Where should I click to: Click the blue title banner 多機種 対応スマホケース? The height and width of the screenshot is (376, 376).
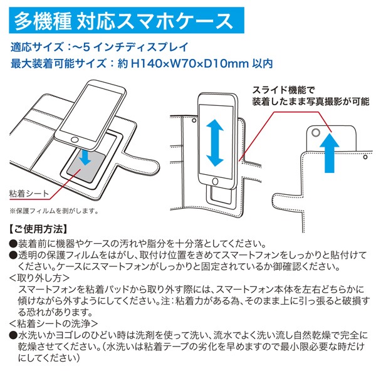coord(127,21)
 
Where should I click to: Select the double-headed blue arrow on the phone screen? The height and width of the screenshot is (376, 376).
coord(214,143)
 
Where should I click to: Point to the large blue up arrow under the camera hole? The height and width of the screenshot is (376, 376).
coord(330,153)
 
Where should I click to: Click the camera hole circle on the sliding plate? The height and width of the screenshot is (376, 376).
coord(316,132)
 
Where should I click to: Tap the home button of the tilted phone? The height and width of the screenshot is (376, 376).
coord(75,140)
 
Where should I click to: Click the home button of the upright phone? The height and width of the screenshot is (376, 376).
coord(215,181)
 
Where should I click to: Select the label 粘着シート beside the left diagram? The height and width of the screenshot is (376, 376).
coord(29,193)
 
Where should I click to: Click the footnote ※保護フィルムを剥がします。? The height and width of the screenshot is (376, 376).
coord(54,211)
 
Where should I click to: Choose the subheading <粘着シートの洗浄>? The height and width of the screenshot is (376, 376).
coord(54,323)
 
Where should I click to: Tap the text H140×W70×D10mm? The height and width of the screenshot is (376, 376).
coord(190,63)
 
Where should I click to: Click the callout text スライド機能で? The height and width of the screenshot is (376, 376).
coord(283,90)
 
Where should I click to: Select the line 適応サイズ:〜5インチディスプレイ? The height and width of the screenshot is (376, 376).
coord(99,47)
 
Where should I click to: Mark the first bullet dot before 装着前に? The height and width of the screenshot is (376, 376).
coord(13,244)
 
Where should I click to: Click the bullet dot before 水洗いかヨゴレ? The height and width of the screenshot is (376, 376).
coord(13,335)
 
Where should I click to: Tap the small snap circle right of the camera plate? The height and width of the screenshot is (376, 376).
coord(365,157)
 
